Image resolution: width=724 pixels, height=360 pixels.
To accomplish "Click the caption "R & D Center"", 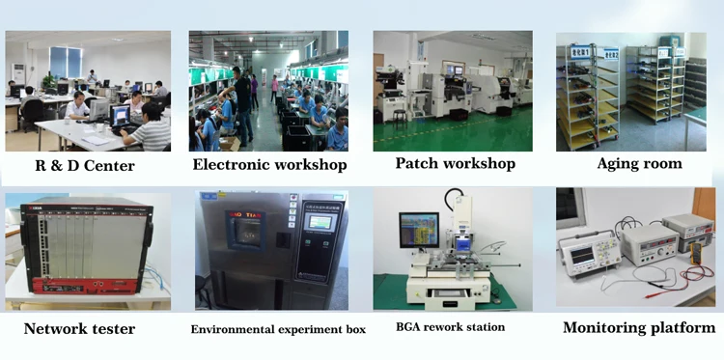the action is [85, 166].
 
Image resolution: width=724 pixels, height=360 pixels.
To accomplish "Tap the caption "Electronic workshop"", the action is [269, 165].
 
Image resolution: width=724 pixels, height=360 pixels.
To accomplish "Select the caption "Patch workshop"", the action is [456, 163].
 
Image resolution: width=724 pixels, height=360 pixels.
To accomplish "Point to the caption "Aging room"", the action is [639, 164].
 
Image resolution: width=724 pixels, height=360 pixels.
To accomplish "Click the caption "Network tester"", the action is [79, 329].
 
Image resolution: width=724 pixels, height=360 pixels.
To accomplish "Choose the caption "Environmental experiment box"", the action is [278, 329].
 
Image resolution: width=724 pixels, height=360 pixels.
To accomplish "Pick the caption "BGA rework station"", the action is [450, 327].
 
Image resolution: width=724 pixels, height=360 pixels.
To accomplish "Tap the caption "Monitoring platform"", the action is [639, 328].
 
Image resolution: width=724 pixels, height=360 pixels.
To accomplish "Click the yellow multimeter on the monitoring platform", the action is [695, 254].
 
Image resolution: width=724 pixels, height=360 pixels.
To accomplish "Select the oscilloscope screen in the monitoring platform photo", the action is [582, 254].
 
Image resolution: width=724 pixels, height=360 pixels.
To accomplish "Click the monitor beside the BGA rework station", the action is [419, 230].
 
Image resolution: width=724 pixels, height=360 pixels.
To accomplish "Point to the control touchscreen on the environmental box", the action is [320, 222].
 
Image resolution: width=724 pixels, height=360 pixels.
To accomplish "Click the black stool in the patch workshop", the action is [400, 119].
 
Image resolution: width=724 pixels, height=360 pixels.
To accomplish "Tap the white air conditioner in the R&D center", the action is [17, 74].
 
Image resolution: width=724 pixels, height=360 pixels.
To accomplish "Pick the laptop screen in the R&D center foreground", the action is [121, 115].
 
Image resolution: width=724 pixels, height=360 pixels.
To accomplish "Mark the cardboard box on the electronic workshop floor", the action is [230, 144].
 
